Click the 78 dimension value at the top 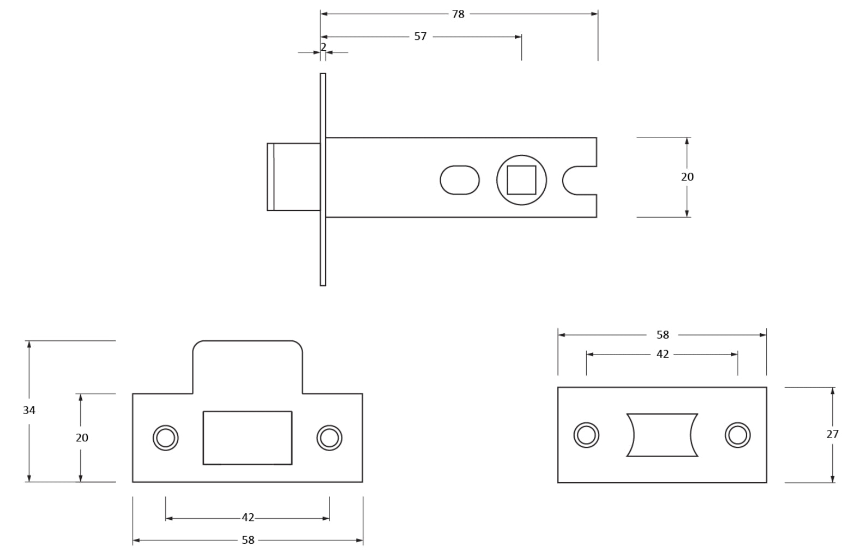pos(458,14)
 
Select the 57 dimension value pos(420,37)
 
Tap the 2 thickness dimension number pos(323,47)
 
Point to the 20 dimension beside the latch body pos(687,177)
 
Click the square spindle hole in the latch pos(521,180)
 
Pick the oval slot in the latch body pos(460,180)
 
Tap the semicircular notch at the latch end pos(580,180)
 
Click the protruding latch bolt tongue pos(294,177)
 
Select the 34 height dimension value pos(29,410)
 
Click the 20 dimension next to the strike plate pos(82,437)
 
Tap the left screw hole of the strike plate pos(165,437)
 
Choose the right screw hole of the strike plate pos(329,437)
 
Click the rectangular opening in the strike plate pos(248,437)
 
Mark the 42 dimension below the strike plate pos(248,518)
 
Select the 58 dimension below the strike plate pos(248,540)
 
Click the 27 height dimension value pos(832,434)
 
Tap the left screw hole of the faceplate pos(586,435)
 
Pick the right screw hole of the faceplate pos(737,435)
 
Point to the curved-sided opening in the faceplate pos(662,435)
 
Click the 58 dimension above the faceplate pos(663,335)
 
